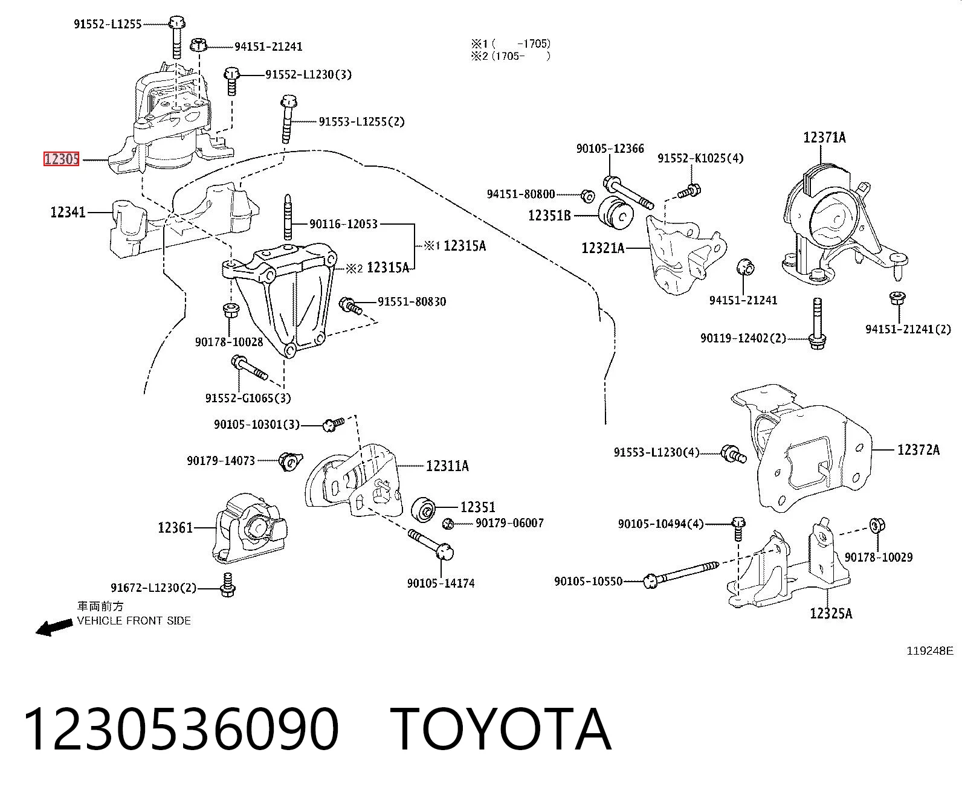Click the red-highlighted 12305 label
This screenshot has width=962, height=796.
click(x=61, y=159)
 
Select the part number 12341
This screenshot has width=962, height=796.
click(x=68, y=213)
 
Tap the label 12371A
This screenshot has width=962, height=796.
click(x=824, y=137)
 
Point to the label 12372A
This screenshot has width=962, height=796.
click(x=918, y=449)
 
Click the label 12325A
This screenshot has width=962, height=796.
click(x=831, y=614)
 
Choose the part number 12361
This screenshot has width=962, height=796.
click(x=175, y=527)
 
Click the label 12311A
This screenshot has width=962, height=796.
click(x=447, y=466)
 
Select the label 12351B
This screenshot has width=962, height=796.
click(x=549, y=215)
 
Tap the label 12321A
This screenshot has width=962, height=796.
click(x=602, y=248)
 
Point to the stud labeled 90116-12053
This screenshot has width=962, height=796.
click(x=288, y=217)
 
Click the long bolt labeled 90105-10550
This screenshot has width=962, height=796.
click(x=681, y=574)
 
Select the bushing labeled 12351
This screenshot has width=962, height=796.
click(x=422, y=510)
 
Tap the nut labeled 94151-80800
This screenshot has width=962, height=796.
click(x=587, y=196)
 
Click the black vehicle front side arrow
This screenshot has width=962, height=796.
click(x=54, y=627)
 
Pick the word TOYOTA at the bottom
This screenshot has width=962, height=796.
click(x=501, y=731)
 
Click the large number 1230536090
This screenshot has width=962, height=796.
click(x=181, y=731)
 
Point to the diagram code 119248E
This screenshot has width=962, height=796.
click(x=930, y=650)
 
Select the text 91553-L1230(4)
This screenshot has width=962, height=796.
click(x=656, y=452)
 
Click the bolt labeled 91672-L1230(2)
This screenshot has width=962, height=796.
click(x=228, y=585)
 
